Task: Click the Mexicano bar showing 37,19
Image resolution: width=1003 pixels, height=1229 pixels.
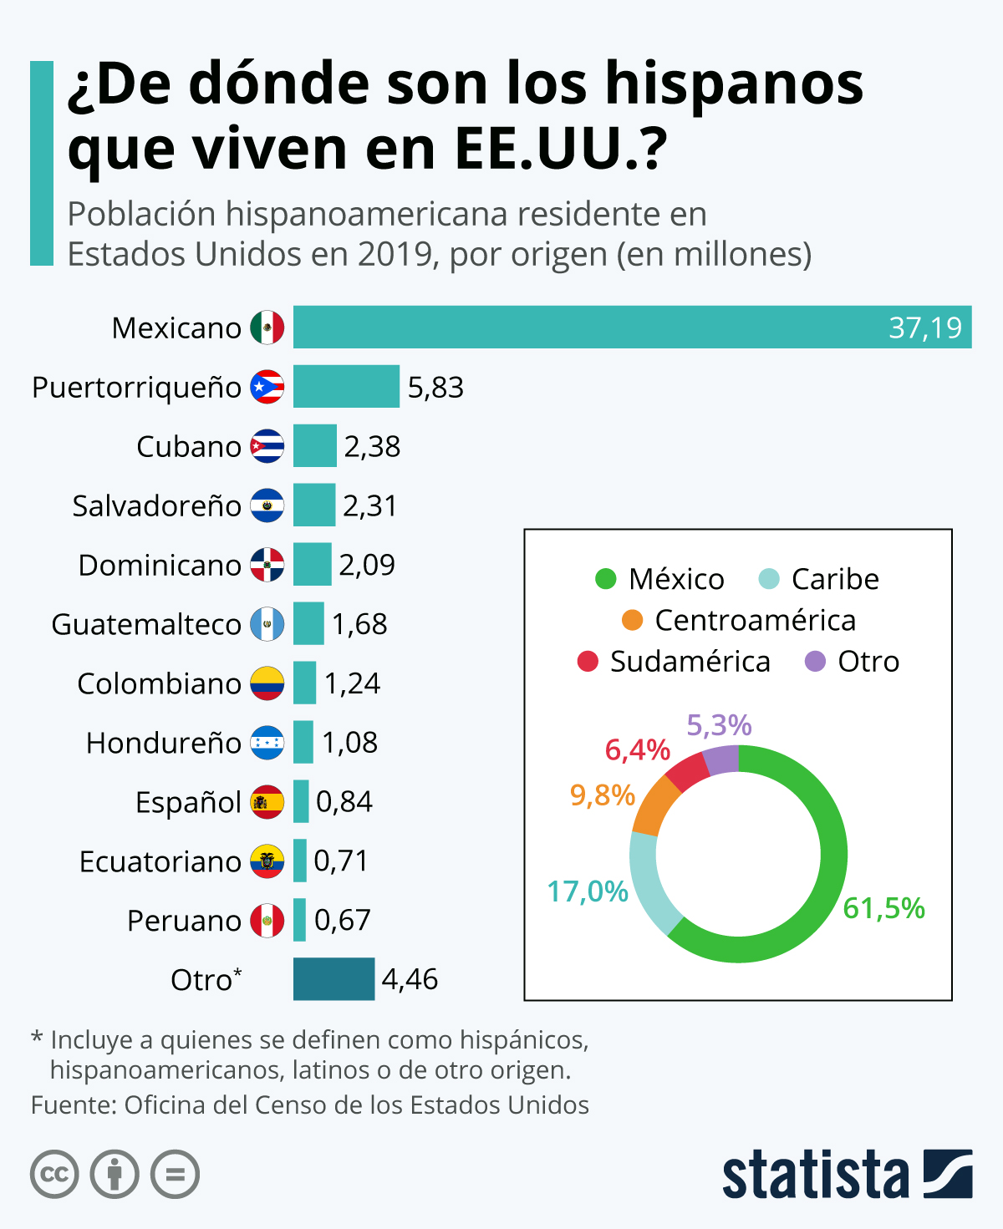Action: [632, 328]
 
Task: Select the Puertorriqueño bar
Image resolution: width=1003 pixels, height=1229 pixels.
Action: [346, 387]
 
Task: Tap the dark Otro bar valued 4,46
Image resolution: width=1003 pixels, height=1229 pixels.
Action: [333, 979]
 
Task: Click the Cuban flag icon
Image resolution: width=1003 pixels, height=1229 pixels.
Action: [267, 446]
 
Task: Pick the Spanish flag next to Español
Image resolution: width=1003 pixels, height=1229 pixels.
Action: [267, 802]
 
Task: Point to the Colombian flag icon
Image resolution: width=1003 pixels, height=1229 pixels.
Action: [267, 683]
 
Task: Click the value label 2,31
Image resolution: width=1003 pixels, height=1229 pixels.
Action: [369, 505]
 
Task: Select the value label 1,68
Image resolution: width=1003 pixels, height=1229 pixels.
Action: [359, 624]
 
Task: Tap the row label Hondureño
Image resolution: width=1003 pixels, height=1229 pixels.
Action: [163, 743]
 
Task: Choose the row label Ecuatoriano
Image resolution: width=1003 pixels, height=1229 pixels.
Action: [160, 861]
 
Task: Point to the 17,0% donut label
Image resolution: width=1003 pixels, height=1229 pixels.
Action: [588, 891]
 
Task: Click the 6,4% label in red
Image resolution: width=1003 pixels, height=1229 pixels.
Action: [637, 750]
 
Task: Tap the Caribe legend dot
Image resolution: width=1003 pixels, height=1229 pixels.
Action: [769, 579]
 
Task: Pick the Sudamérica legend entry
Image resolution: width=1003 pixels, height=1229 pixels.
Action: [690, 662]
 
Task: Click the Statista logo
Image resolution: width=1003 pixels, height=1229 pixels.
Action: [847, 1174]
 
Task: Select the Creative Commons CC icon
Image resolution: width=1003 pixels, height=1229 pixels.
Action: [55, 1175]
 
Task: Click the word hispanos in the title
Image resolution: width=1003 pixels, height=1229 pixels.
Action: [734, 84]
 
